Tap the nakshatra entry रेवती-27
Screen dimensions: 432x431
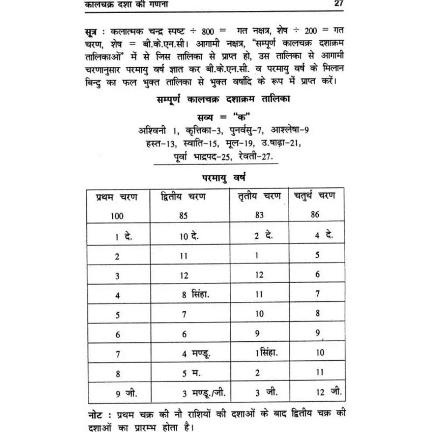[x=251, y=157]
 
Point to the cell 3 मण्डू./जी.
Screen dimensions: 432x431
[x=200, y=393]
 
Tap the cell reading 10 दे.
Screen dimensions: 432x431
[x=189, y=236]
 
